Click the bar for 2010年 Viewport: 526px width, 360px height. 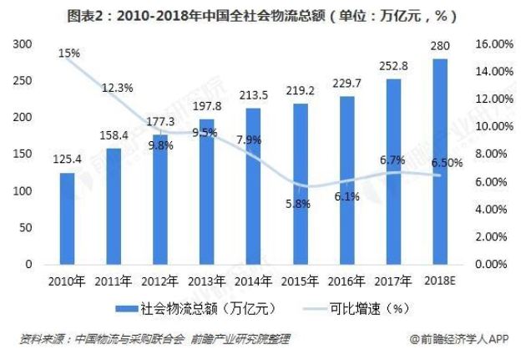67,219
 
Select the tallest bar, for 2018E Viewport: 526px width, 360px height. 440,162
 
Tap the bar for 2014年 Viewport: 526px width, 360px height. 253,186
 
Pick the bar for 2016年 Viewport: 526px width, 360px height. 346,180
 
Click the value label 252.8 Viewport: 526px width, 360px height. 393,66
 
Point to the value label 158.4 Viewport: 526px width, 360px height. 114,135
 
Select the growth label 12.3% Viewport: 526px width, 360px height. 118,88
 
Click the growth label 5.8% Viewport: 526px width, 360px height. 298,203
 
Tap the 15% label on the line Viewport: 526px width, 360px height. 69,53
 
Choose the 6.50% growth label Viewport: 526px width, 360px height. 447,163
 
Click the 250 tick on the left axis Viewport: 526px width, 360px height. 23,81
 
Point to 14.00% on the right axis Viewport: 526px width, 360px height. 494,72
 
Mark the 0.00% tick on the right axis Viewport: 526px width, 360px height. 491,264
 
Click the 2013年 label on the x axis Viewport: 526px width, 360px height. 206,281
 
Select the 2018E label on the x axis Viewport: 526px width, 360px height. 440,281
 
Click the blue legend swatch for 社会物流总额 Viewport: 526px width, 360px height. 127,309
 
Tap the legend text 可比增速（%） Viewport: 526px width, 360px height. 369,309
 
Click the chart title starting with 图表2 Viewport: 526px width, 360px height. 262,16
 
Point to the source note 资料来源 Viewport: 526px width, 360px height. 154,339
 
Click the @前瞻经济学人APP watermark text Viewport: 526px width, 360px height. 459,339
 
